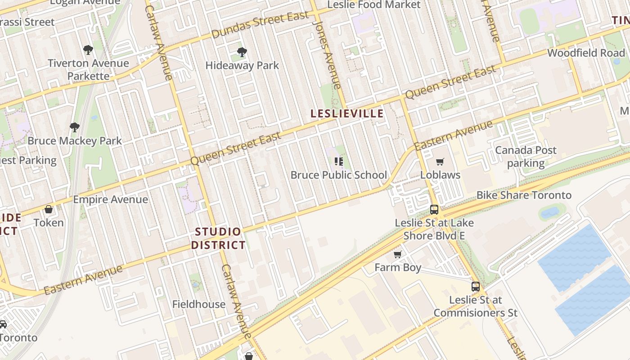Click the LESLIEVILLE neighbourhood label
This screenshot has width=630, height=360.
347,113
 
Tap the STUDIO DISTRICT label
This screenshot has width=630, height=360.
218,238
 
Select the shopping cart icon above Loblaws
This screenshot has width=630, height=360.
440,162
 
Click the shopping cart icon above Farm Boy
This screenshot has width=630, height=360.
397,255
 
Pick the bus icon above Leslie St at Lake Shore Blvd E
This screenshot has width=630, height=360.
434,209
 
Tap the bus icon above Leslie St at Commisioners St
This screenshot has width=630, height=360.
475,287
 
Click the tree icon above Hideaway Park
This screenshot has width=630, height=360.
242,52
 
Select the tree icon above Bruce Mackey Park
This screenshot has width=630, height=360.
75,128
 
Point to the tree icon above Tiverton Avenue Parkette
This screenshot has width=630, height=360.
88,50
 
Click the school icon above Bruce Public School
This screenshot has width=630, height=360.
339,162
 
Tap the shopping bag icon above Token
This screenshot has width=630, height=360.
49,209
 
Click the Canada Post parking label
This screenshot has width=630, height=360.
526,157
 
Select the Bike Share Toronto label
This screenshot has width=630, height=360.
524,195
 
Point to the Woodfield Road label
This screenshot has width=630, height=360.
586,53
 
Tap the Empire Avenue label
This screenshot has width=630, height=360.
110,199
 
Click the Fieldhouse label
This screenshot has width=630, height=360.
198,305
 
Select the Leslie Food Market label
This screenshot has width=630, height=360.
373,5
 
